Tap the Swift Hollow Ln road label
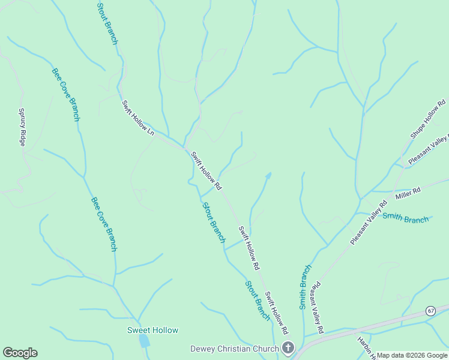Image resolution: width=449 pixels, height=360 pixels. [138, 118]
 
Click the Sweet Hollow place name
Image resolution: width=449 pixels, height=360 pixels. [152, 330]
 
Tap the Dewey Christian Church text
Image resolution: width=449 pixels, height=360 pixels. [234, 349]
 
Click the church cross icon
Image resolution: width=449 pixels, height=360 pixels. [288, 348]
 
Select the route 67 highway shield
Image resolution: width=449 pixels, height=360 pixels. [431, 310]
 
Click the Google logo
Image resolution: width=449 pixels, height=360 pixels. [20, 353]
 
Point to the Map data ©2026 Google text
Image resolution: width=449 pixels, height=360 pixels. [411, 355]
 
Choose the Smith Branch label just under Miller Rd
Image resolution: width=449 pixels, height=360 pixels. [406, 218]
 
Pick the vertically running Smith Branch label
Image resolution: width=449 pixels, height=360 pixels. [306, 287]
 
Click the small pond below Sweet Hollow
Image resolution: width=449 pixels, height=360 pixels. [145, 341]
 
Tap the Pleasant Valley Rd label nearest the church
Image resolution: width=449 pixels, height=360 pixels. [319, 308]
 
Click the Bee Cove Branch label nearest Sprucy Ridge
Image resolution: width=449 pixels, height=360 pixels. [65, 94]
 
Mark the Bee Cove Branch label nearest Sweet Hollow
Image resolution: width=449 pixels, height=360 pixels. [104, 224]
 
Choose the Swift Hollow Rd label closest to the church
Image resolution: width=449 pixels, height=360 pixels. [277, 313]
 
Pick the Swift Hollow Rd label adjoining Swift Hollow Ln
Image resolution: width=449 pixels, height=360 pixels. [206, 170]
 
